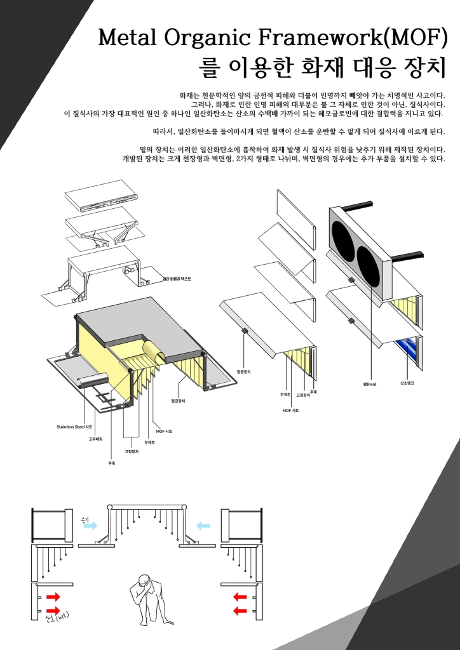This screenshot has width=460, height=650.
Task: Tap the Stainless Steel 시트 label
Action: pyautogui.click(x=74, y=427)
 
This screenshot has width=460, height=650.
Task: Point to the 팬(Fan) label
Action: pyautogui.click(x=370, y=384)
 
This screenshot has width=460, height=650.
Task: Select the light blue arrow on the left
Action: pyautogui.click(x=90, y=526)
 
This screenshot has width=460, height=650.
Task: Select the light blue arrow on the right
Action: pyautogui.click(x=203, y=526)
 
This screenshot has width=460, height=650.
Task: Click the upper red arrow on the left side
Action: pyautogui.click(x=53, y=597)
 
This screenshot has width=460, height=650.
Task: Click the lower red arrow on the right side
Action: pyautogui.click(x=240, y=611)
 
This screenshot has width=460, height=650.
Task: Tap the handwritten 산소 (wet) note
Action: pyautogui.click(x=57, y=616)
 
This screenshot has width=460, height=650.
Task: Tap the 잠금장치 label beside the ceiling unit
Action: pyautogui.click(x=178, y=401)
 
